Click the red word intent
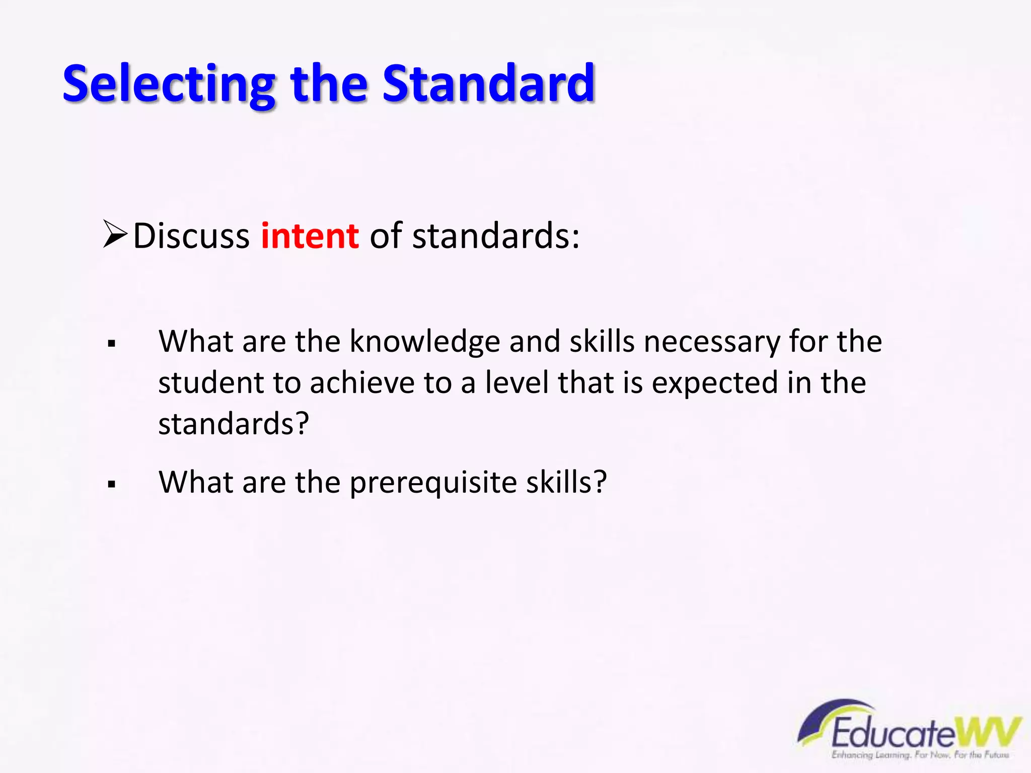point(310,236)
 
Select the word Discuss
point(191,236)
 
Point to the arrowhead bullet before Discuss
point(114,234)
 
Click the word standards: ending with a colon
point(495,236)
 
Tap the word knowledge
point(424,342)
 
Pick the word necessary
point(711,342)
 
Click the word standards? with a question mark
point(233,424)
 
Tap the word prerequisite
point(433,483)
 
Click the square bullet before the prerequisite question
point(112,485)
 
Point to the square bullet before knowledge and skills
point(112,344)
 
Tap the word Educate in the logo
point(892,734)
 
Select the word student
point(211,383)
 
